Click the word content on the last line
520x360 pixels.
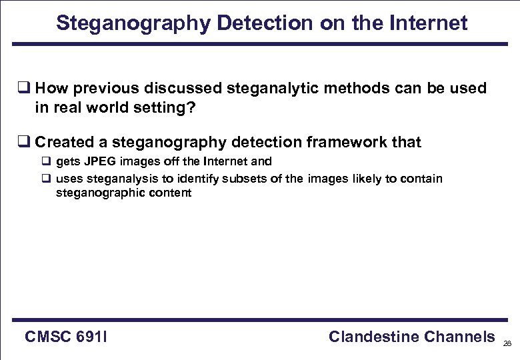tap(172, 193)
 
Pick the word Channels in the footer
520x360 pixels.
tap(459, 337)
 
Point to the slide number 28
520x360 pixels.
tap(507, 343)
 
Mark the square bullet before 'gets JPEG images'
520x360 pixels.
tap(47, 161)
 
